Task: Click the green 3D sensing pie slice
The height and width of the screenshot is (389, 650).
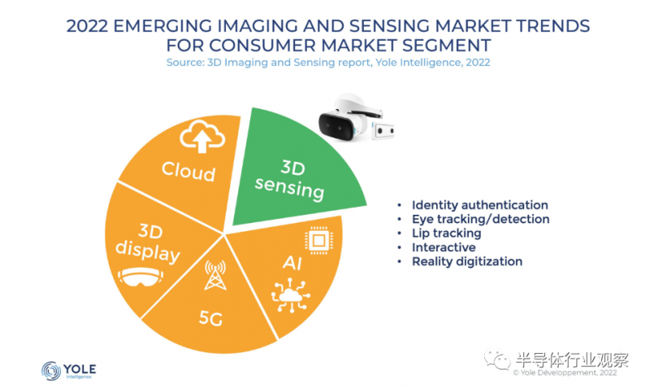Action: [x=295, y=170]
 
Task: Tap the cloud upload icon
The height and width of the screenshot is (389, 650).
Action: [x=202, y=137]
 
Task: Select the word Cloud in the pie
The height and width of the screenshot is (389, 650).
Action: [x=188, y=171]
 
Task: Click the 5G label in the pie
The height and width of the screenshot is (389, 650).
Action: [x=210, y=318]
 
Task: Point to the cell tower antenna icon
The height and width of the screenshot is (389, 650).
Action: [x=215, y=275]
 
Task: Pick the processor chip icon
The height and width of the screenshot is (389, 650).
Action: [x=318, y=240]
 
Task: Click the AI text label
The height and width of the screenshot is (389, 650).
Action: [x=292, y=263]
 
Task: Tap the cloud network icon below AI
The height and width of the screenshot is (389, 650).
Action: [x=291, y=295]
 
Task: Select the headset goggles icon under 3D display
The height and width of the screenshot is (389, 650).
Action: [x=141, y=277]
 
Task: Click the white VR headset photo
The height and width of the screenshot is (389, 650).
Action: [x=349, y=117]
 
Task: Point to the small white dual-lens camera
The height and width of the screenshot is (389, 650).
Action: [x=383, y=131]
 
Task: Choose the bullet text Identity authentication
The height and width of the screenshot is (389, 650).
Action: [x=479, y=205]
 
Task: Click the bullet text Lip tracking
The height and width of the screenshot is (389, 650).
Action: [x=446, y=234]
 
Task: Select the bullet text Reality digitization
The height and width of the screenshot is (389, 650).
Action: [x=466, y=261]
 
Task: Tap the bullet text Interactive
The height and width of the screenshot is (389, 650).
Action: [x=444, y=247]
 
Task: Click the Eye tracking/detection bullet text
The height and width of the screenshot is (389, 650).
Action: [x=480, y=219]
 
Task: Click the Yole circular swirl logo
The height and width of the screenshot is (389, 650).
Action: [x=51, y=371]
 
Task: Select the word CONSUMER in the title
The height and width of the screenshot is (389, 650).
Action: [x=262, y=45]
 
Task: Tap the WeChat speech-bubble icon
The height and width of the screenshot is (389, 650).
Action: [x=497, y=360]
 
